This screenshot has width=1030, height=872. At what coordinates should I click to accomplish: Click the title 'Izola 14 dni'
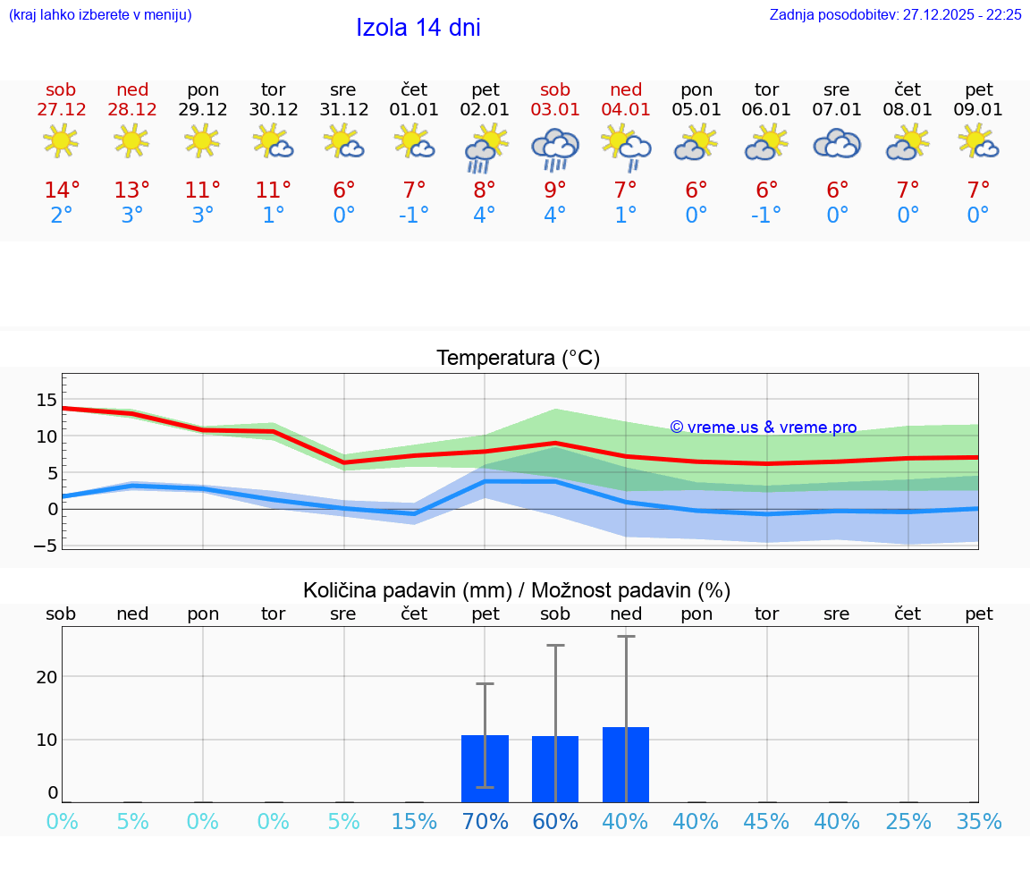tap(418, 28)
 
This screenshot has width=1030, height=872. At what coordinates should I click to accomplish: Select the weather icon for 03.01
tap(555, 147)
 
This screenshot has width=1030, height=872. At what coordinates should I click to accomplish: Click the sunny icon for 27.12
tap(61, 140)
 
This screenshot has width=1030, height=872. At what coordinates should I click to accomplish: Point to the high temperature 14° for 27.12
tap(62, 190)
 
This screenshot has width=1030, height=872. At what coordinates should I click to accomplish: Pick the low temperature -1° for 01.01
tap(414, 216)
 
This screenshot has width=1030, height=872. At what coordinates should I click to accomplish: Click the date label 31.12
tap(343, 109)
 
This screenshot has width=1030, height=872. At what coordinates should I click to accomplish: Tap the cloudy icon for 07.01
tap(837, 143)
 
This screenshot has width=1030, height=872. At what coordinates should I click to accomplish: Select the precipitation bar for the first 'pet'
tap(485, 768)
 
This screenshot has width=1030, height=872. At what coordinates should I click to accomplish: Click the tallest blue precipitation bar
tap(626, 765)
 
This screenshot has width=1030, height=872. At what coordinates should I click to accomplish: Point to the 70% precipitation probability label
tap(485, 822)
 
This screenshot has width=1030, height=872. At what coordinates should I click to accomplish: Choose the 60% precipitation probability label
tap(555, 822)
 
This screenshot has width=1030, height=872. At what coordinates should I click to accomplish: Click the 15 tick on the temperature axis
tap(46, 400)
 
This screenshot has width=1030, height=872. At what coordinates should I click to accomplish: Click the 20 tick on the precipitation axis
tap(46, 676)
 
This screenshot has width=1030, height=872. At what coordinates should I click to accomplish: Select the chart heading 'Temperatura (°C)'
tap(518, 358)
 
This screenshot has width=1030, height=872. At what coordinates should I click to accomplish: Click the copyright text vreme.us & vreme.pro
tap(764, 428)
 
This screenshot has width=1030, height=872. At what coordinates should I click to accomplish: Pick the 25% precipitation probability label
tap(908, 822)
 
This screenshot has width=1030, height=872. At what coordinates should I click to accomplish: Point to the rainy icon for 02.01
tap(485, 147)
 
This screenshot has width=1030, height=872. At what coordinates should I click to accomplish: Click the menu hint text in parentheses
tap(100, 14)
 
